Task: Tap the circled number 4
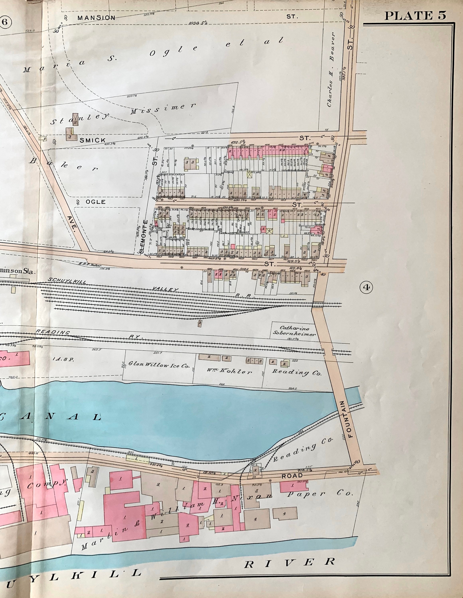[x=367, y=287]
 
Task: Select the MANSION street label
[x=96, y=18]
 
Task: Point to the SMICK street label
[x=93, y=140]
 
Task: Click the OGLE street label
[x=96, y=202]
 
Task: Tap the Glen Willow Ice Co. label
[x=159, y=365]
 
